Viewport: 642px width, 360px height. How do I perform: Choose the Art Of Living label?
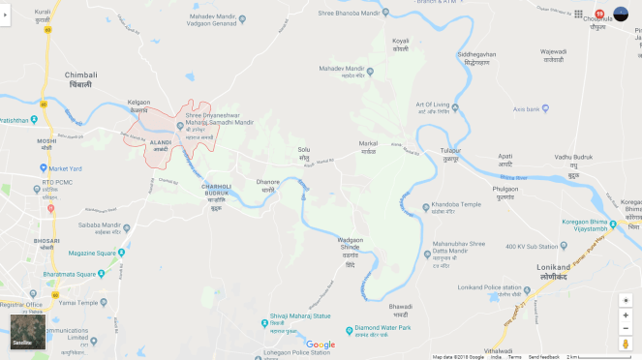[x=434, y=105]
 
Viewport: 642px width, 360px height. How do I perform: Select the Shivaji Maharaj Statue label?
[x=299, y=315]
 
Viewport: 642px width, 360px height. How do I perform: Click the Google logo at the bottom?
[x=321, y=345]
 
